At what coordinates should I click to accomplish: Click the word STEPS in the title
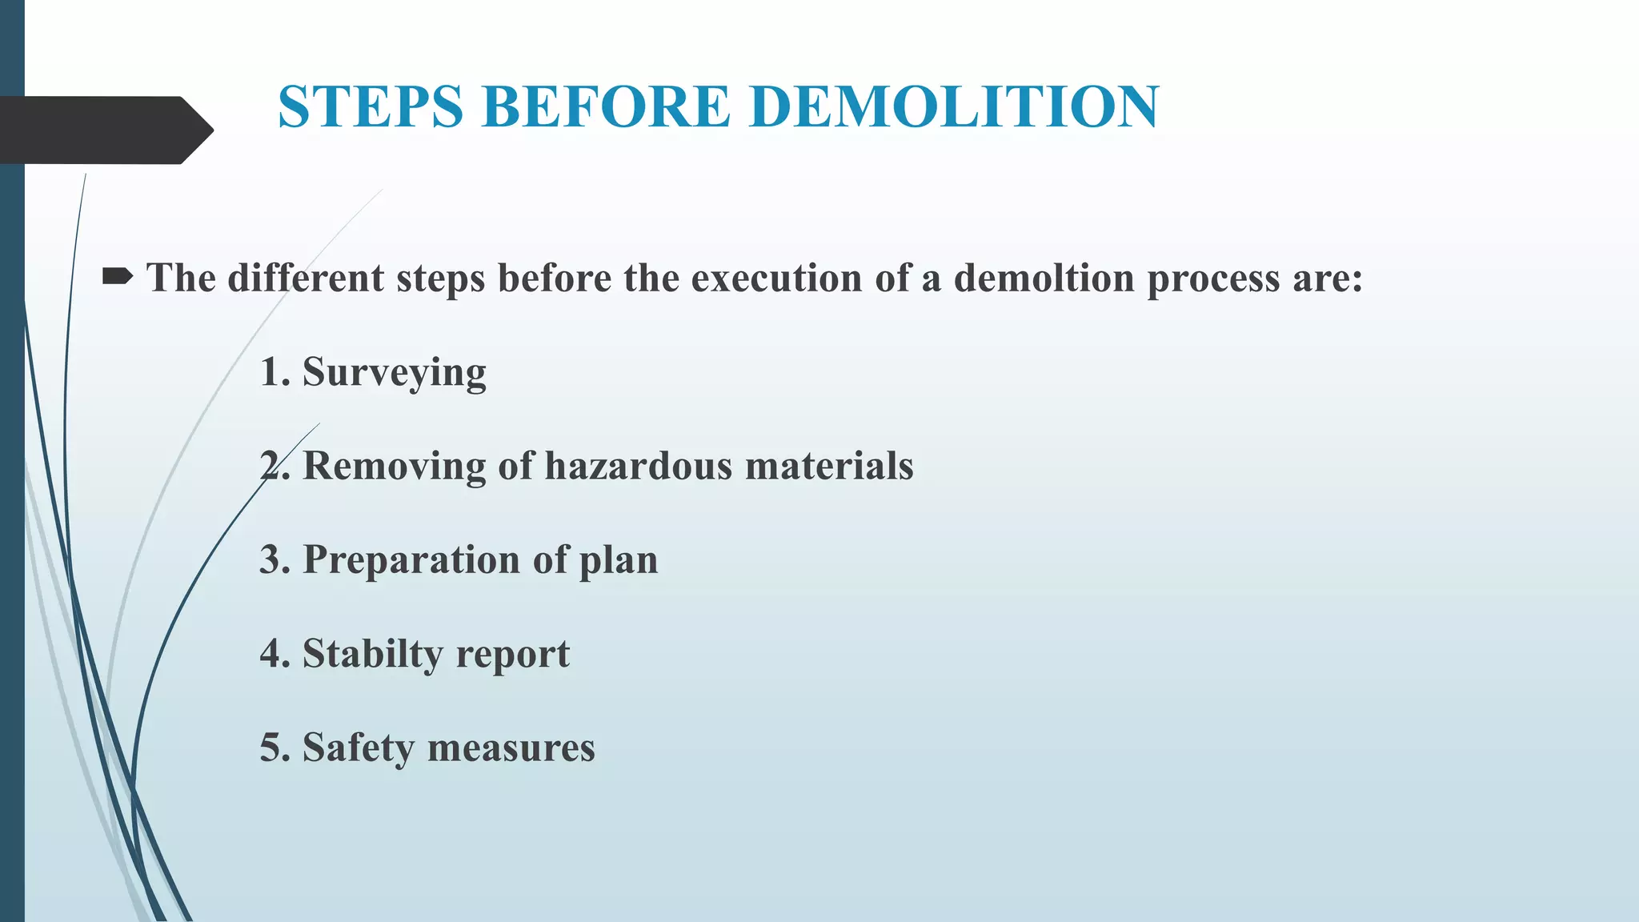pyautogui.click(x=370, y=106)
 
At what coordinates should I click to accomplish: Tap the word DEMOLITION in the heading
pyautogui.click(x=954, y=106)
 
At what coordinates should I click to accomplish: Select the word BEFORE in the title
pyautogui.click(x=606, y=106)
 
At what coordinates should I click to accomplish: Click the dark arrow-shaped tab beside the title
pyautogui.click(x=104, y=130)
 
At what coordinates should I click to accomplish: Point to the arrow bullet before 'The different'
pyautogui.click(x=118, y=278)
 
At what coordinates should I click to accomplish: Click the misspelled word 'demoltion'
pyautogui.click(x=1044, y=279)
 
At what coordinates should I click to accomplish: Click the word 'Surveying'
pyautogui.click(x=394, y=373)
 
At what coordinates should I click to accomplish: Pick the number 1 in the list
pyautogui.click(x=271, y=372)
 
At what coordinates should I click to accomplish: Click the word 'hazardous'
pyautogui.click(x=638, y=466)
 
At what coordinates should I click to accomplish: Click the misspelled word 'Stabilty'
pyautogui.click(x=372, y=655)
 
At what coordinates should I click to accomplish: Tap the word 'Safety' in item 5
pyautogui.click(x=359, y=748)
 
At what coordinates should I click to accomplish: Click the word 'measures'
pyautogui.click(x=511, y=749)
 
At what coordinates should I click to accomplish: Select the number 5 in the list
pyautogui.click(x=271, y=748)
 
